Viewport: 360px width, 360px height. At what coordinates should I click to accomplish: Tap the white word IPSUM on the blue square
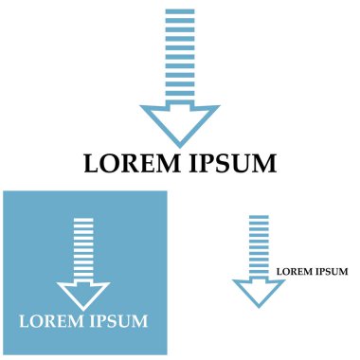[117, 320]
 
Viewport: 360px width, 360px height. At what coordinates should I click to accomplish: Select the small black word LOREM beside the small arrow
[295, 272]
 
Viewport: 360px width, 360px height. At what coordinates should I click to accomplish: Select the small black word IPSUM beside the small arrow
[332, 272]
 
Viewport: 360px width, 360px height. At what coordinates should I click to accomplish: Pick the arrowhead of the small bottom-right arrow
[259, 290]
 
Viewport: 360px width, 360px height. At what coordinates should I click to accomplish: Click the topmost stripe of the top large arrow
[180, 11]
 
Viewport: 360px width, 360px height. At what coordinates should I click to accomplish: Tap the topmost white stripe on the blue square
[84, 220]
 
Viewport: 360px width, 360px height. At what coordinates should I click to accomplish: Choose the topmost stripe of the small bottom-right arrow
[259, 217]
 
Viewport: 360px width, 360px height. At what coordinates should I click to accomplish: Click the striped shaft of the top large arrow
[180, 57]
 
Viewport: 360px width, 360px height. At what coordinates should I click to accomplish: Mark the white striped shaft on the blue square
[84, 249]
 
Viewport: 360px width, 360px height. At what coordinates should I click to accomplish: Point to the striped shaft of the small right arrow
[259, 246]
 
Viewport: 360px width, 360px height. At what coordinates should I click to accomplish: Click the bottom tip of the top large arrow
[180, 143]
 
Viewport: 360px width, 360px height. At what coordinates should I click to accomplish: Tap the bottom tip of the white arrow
[84, 307]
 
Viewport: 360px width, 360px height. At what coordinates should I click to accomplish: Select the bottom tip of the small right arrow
[259, 305]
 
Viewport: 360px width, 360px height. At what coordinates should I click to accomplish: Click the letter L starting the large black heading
[92, 164]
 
